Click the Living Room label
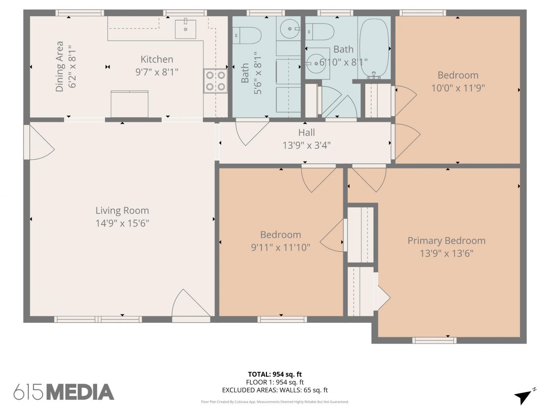pos(122,210)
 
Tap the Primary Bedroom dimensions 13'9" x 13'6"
pos(446,253)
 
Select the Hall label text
pos(307,133)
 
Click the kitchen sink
pos(186,29)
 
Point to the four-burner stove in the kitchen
pos(216,81)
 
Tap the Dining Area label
pos(60,66)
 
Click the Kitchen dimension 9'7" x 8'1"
pos(157,72)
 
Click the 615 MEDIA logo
pos(64,392)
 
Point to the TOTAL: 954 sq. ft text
pos(275,374)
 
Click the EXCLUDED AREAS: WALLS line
pos(275,390)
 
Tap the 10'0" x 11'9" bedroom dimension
pos(458,88)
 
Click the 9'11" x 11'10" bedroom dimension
pos(280,247)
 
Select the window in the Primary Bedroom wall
pos(434,340)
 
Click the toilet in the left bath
pos(247,35)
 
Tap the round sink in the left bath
pos(290,29)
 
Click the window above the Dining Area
pos(80,13)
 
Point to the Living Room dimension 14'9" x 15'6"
pos(122,223)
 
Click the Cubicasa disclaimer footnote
pos(275,402)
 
